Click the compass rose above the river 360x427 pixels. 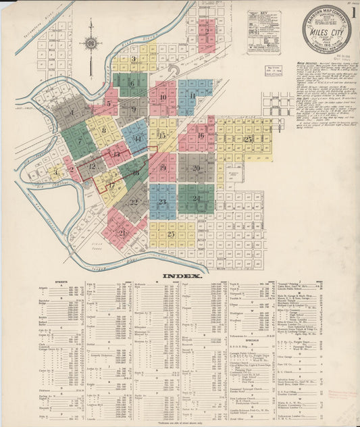click(x=91, y=45)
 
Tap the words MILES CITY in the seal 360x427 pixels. click(x=327, y=31)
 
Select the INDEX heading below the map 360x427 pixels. click(x=180, y=276)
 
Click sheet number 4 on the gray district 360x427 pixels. click(x=71, y=112)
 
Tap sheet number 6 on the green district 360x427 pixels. click(x=132, y=84)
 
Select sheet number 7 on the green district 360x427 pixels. click(x=79, y=141)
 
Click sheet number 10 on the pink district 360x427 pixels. click(x=163, y=97)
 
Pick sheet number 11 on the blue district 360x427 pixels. click(x=193, y=95)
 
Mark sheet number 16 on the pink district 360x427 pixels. click(x=201, y=135)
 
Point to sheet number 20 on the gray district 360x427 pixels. click(x=196, y=168)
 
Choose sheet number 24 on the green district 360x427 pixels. click(x=195, y=198)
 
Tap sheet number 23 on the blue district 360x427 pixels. click(x=162, y=201)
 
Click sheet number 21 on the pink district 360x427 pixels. click(x=122, y=232)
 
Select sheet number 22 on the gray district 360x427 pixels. click(x=134, y=201)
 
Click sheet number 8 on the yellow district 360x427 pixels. click(x=103, y=130)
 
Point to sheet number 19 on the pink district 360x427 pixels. click(x=162, y=167)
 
